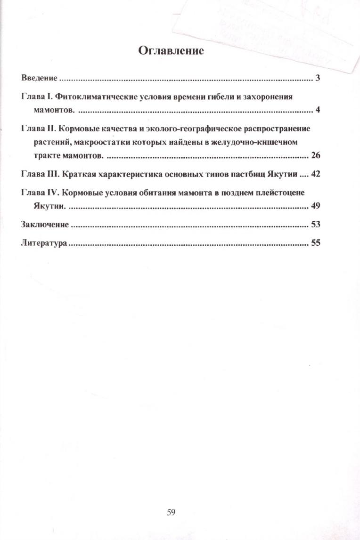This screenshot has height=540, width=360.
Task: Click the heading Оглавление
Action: (x=171, y=51)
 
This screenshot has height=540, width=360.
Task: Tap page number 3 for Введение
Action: (x=318, y=78)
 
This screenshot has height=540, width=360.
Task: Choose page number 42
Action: (x=316, y=174)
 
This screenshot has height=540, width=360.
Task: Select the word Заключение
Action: (x=45, y=225)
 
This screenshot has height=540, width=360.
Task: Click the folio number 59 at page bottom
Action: (x=171, y=512)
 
